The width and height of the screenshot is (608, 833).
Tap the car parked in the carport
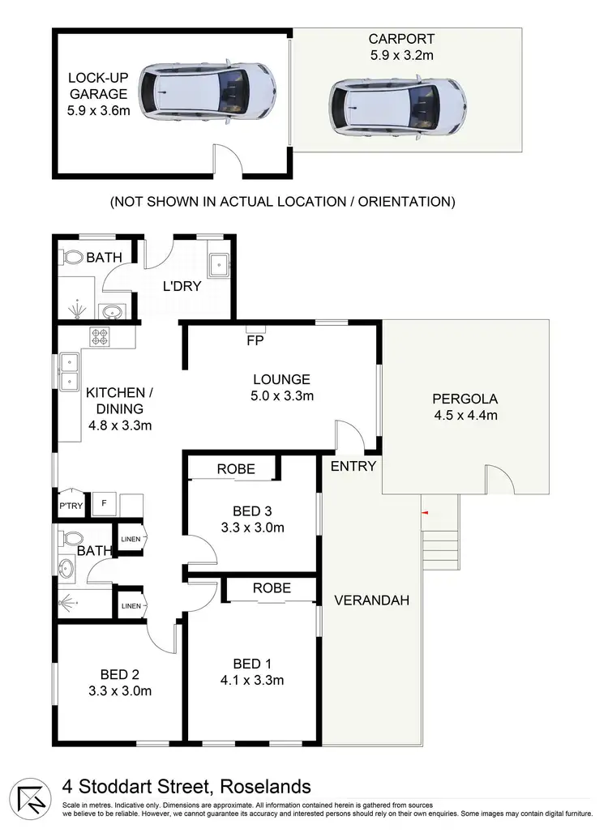(x=398, y=104)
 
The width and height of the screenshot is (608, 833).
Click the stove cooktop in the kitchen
(x=100, y=336)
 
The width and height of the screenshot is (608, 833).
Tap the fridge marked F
(x=103, y=502)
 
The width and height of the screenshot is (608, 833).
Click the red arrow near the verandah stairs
(x=423, y=512)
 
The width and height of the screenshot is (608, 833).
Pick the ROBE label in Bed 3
(x=235, y=469)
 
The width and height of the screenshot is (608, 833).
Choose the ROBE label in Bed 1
(x=272, y=589)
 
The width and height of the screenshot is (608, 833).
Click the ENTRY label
(x=353, y=466)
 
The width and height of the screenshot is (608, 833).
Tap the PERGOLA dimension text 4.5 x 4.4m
(x=465, y=416)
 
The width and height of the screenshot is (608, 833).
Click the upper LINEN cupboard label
(x=130, y=539)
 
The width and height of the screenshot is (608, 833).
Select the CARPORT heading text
(x=401, y=39)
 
